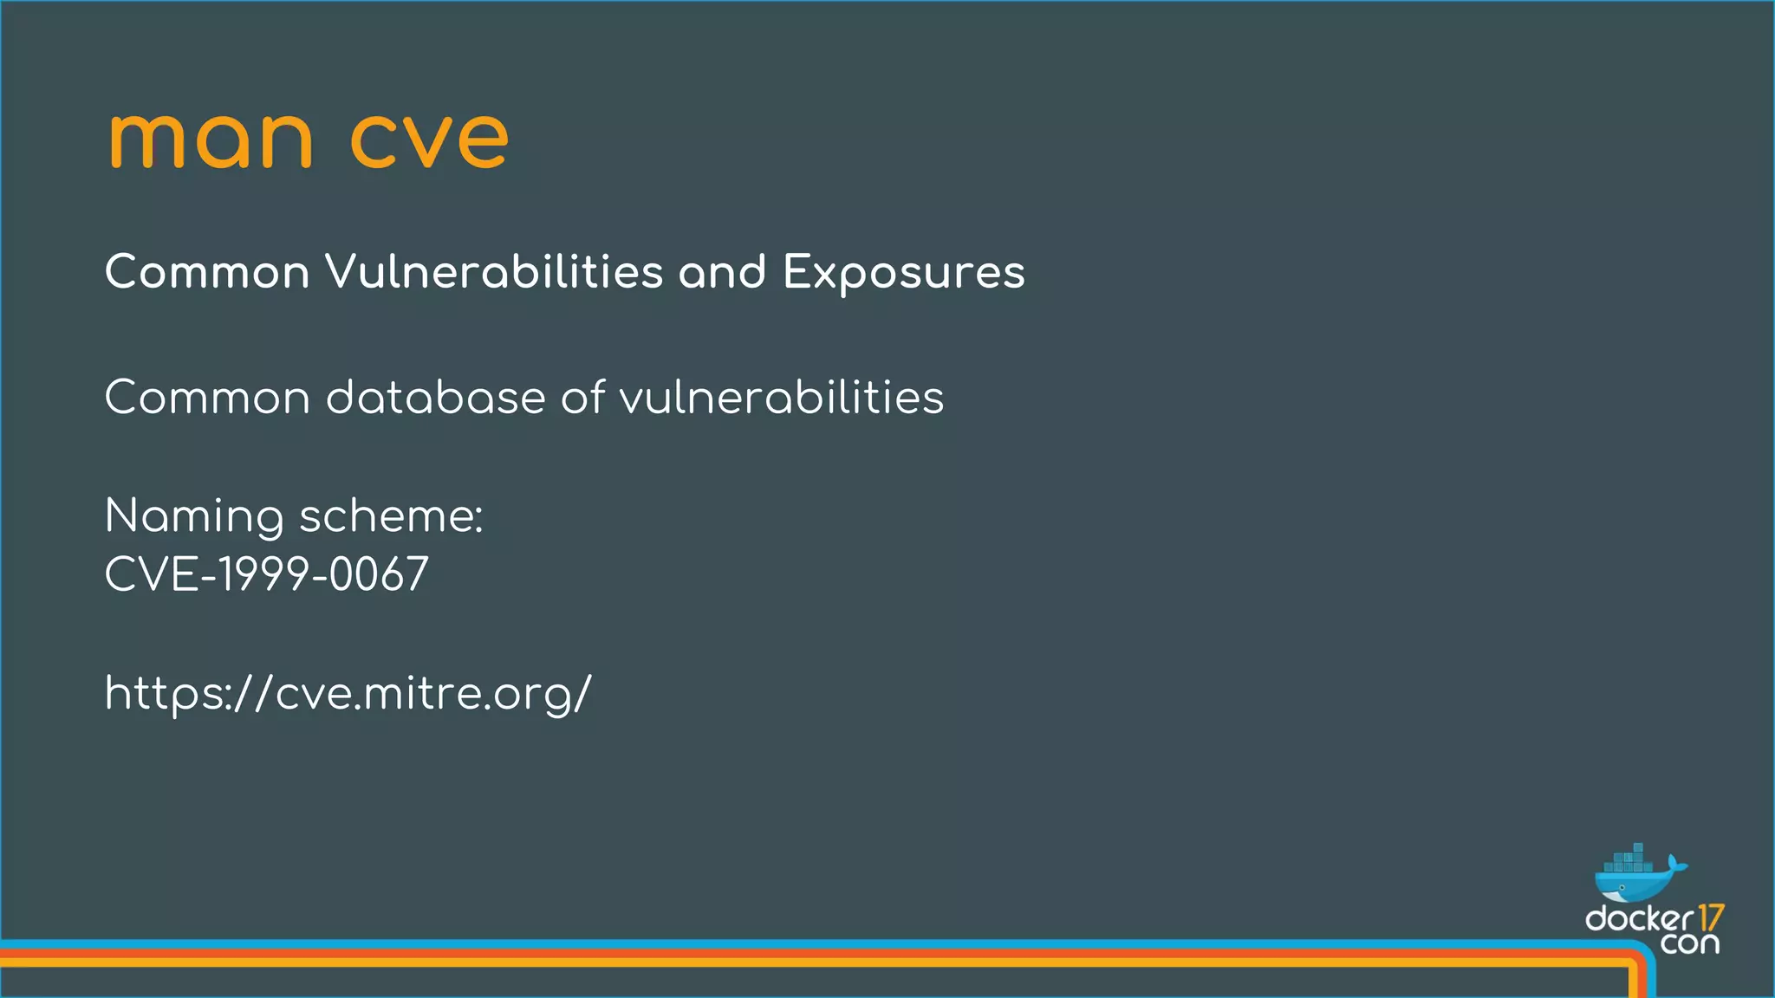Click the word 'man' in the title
[x=210, y=140]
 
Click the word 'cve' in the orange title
[x=429, y=140]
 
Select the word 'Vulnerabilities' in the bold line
[x=494, y=272]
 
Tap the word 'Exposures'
[x=904, y=274]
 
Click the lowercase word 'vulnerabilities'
[x=781, y=398]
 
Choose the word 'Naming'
[x=194, y=517]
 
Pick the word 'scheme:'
[x=391, y=516]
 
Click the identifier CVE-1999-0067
[x=267, y=574]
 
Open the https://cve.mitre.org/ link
[x=348, y=694]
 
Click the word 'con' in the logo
[x=1689, y=943]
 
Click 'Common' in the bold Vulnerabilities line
[x=207, y=272]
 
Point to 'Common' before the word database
[x=207, y=398]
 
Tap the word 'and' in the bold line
[x=722, y=272]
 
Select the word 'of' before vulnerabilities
[x=582, y=398]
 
